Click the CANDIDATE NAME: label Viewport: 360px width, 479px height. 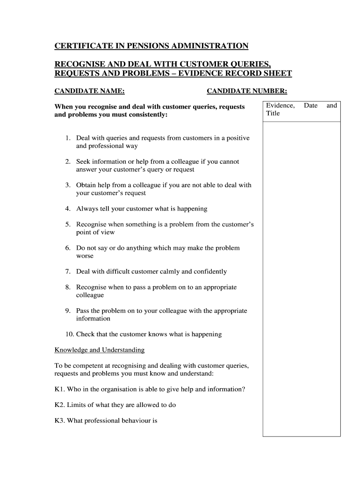click(90, 91)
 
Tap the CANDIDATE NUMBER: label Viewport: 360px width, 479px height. click(247, 91)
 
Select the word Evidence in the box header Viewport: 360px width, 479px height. click(280, 106)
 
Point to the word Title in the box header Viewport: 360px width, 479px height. click(273, 113)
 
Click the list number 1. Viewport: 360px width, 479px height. click(68, 138)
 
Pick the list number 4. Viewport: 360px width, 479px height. click(68, 209)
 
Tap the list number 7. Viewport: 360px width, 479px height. click(68, 271)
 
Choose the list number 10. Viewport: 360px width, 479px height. click(70, 334)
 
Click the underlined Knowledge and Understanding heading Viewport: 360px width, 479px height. click(100, 350)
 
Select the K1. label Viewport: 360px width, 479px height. click(60, 389)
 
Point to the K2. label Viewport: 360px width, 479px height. click(60, 405)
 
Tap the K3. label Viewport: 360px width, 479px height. click(60, 421)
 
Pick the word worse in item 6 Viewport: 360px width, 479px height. click(85, 256)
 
